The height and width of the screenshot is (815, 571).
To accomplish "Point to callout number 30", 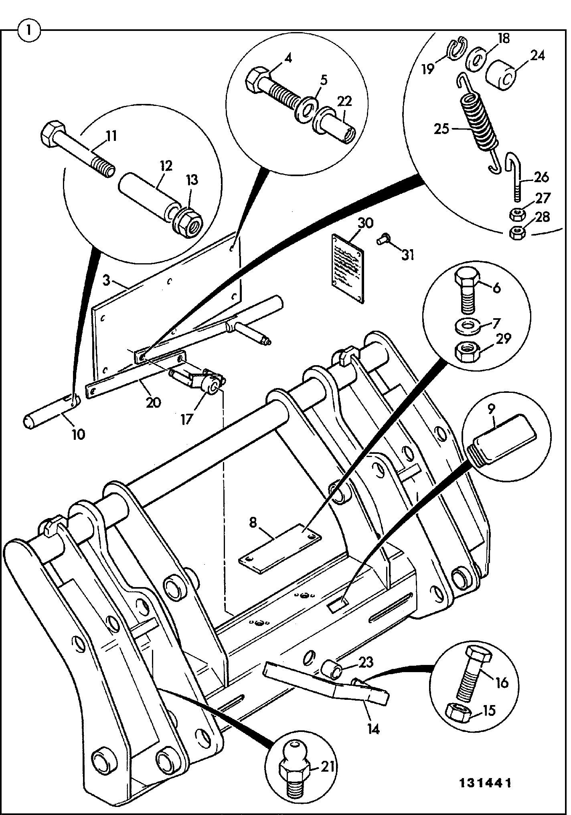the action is [363, 223].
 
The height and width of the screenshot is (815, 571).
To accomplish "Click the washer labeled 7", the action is [469, 326].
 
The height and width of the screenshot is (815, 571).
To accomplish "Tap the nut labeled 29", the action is [468, 351].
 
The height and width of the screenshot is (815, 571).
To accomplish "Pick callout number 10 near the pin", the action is [78, 434].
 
